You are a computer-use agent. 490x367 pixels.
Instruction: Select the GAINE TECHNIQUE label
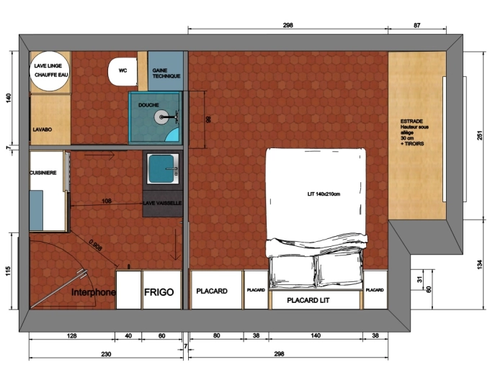click(166, 73)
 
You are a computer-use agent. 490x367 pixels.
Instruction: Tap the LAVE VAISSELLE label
click(163, 204)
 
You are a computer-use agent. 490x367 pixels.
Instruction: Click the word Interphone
click(94, 293)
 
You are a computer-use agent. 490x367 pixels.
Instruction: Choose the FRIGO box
click(161, 292)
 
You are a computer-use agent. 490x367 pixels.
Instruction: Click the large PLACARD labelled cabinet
click(213, 291)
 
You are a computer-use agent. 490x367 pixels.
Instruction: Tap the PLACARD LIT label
click(308, 299)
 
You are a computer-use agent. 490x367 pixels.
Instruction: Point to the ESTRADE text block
click(416, 132)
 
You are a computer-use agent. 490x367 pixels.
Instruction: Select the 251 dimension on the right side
click(478, 135)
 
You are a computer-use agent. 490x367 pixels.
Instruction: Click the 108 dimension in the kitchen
click(107, 201)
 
